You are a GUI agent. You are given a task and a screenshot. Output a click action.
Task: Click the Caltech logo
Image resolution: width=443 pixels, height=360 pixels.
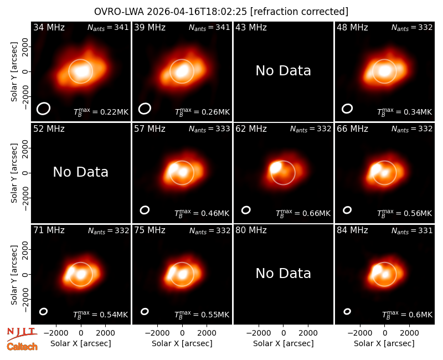[22, 347]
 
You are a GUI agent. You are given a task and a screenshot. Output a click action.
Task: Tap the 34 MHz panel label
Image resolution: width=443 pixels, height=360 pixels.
[49, 27]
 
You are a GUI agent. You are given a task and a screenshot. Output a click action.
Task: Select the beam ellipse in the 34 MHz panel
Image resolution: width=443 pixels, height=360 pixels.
[43, 109]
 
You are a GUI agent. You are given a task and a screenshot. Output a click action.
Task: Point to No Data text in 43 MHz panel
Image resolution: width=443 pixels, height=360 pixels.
[284, 71]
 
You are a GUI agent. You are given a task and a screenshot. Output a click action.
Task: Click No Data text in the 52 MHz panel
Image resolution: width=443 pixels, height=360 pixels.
[80, 172]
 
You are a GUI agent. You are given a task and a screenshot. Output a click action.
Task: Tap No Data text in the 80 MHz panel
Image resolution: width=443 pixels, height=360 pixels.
[284, 274]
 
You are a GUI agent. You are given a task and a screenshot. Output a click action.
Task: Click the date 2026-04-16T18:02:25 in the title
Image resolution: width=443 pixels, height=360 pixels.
[197, 12]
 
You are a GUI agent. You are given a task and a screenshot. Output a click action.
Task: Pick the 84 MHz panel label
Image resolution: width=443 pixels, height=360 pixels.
[352, 230]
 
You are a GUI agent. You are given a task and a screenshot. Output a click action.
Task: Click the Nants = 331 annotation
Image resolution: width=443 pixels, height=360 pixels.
[412, 231]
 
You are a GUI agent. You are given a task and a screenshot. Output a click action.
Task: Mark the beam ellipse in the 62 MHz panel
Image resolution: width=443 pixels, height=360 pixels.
[246, 210]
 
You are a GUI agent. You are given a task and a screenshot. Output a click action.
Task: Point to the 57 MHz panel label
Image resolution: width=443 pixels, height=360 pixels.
[150, 129]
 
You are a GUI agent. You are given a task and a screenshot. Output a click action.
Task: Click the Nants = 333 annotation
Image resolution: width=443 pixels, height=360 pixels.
[209, 130]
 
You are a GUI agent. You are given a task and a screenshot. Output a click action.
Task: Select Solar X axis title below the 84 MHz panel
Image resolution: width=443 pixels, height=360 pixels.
[384, 343]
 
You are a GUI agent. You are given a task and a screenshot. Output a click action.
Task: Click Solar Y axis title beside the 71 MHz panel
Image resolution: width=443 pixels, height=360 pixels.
[14, 275]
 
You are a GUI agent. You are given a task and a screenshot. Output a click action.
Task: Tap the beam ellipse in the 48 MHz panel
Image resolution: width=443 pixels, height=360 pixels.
[347, 109]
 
